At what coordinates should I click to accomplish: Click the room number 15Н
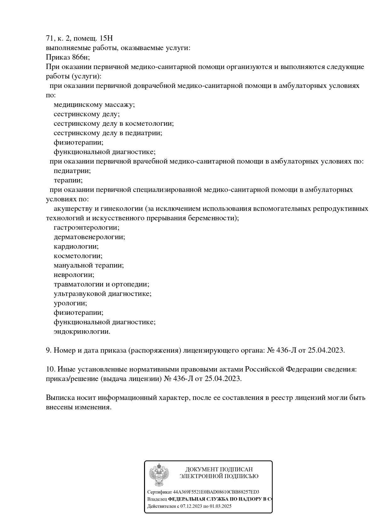click(x=106, y=38)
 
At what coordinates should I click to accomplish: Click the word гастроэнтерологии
click(x=86, y=228)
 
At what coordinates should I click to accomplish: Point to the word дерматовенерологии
click(x=89, y=237)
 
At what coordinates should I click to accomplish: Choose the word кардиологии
click(x=76, y=246)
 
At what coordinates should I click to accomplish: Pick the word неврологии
click(x=74, y=275)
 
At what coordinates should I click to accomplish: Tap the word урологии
click(x=70, y=303)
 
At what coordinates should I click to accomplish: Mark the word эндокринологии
click(x=82, y=332)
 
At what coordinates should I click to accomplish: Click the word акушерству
click(x=73, y=209)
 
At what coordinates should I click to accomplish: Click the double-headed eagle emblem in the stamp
click(x=159, y=475)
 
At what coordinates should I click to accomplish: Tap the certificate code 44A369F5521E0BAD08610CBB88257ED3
click(x=216, y=492)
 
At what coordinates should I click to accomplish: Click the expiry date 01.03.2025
click(x=220, y=506)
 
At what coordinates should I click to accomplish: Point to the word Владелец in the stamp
click(x=157, y=499)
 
